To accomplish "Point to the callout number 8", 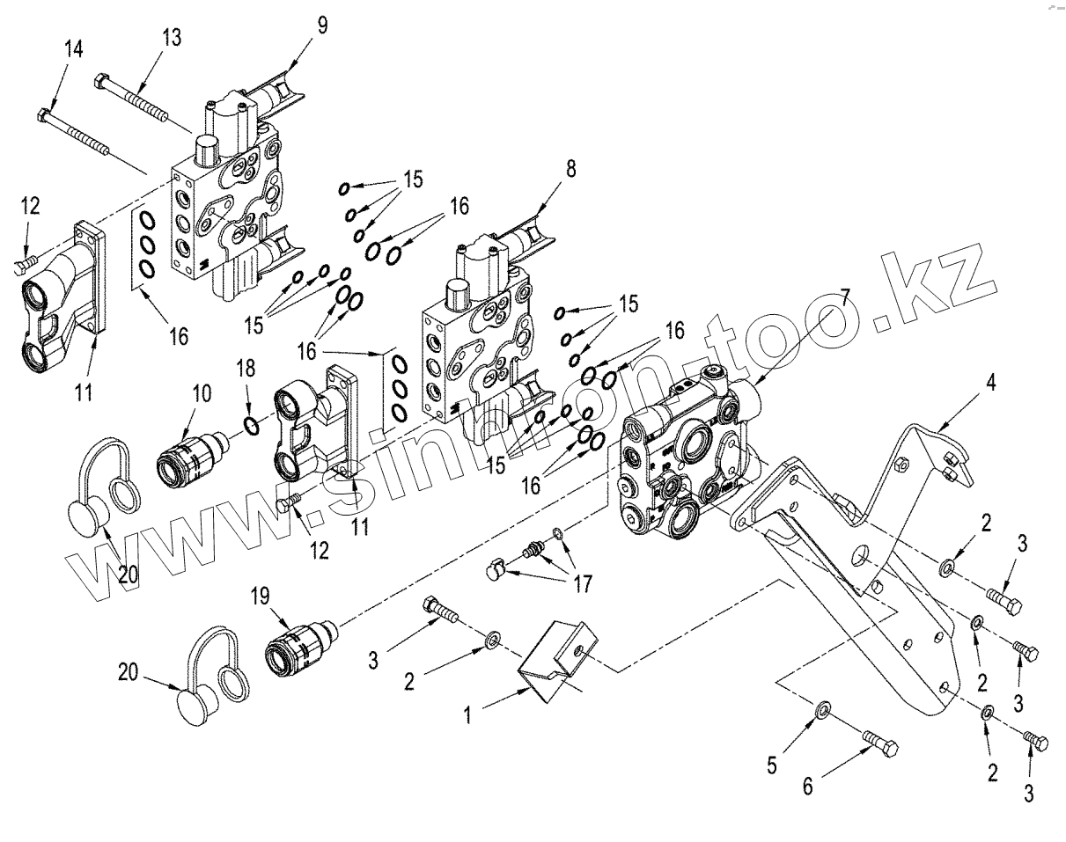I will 571,170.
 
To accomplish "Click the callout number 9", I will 323,25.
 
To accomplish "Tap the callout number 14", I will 74,49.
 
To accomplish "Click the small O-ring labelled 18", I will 252,427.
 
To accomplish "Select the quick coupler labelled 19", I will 294,650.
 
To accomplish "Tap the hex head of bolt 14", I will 46,113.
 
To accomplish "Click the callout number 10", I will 202,392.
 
